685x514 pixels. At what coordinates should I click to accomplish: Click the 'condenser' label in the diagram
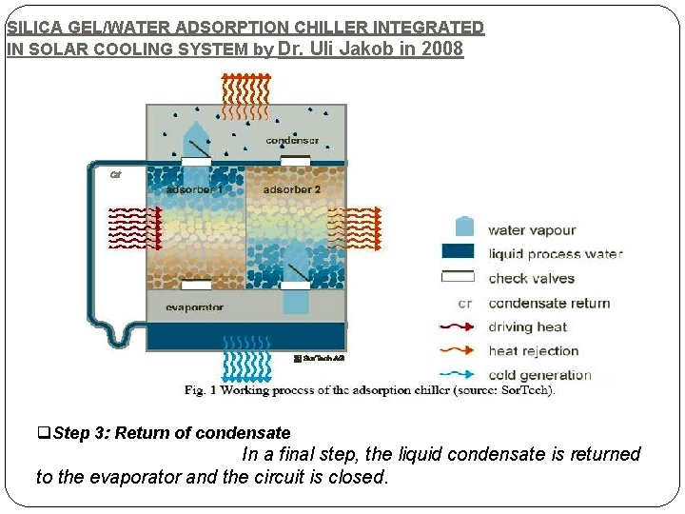pyautogui.click(x=292, y=141)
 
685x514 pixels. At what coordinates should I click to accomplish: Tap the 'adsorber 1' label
pyautogui.click(x=195, y=189)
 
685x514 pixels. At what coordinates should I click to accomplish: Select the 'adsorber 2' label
pyautogui.click(x=292, y=189)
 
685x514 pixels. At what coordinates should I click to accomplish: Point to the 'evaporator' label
pyautogui.click(x=194, y=307)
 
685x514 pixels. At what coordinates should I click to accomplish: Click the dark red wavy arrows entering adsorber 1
pyautogui.click(x=134, y=228)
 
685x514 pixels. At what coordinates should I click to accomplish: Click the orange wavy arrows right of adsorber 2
pyautogui.click(x=361, y=228)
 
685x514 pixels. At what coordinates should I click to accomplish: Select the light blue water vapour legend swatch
pyautogui.click(x=464, y=227)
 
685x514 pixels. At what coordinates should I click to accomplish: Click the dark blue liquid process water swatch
pyautogui.click(x=459, y=252)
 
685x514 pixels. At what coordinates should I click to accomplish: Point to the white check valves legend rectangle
pyautogui.click(x=459, y=278)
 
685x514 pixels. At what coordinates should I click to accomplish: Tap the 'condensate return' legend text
pyautogui.click(x=549, y=304)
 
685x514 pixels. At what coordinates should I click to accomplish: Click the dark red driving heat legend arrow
pyautogui.click(x=459, y=327)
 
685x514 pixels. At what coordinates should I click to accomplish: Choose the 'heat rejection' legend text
pyautogui.click(x=533, y=351)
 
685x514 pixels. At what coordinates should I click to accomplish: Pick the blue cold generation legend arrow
pyautogui.click(x=459, y=375)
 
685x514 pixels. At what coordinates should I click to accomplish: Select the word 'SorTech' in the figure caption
pyautogui.click(x=525, y=390)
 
